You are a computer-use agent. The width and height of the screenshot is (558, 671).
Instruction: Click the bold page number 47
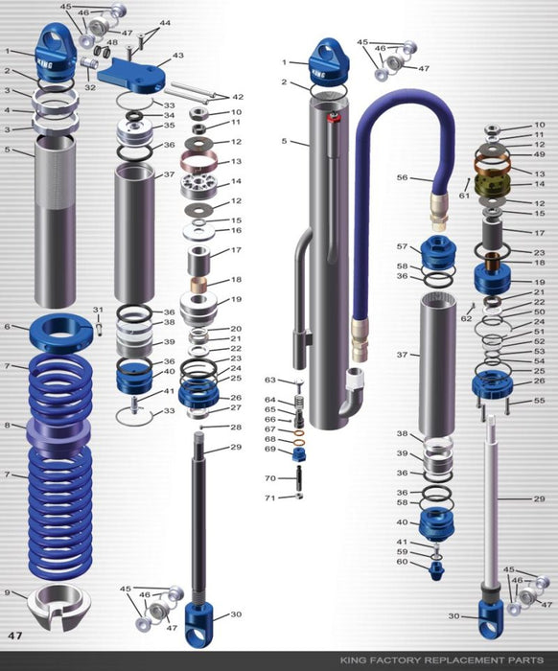click(15, 635)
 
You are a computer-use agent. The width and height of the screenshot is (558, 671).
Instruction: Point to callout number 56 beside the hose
click(403, 177)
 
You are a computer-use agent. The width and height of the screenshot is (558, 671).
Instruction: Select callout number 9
click(8, 593)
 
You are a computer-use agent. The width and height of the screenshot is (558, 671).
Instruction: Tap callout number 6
click(8, 327)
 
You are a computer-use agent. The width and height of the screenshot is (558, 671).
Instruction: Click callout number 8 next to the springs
click(8, 425)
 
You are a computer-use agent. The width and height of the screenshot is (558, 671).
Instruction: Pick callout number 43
click(178, 57)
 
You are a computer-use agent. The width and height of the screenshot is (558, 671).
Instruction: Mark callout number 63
click(270, 381)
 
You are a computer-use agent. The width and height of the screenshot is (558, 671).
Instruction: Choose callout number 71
click(270, 497)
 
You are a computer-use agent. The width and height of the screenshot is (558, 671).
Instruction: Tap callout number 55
click(539, 401)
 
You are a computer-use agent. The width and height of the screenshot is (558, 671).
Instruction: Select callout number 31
click(97, 309)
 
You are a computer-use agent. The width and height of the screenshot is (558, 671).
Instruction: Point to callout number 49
click(539, 154)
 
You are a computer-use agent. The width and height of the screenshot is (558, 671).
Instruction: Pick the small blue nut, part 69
click(296, 451)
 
